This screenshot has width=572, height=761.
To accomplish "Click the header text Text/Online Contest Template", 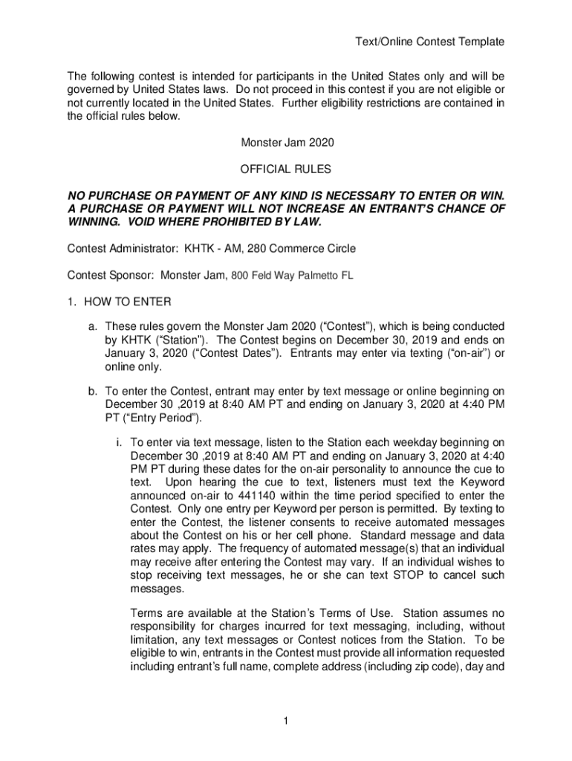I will pos(429,42).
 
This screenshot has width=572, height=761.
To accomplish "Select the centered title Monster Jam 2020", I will pos(285,142).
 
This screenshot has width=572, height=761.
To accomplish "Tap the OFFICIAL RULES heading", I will pos(285,170).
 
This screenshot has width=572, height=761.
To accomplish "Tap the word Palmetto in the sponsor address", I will pos(319,276).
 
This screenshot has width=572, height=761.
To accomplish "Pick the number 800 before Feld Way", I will pos(240,276).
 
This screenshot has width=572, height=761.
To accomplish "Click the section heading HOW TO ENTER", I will pos(128,302).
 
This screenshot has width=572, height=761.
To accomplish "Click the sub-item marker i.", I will pos(119,441).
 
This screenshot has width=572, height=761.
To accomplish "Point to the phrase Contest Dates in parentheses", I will pos(241,354).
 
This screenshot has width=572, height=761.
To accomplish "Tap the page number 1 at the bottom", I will pos(286,720).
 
